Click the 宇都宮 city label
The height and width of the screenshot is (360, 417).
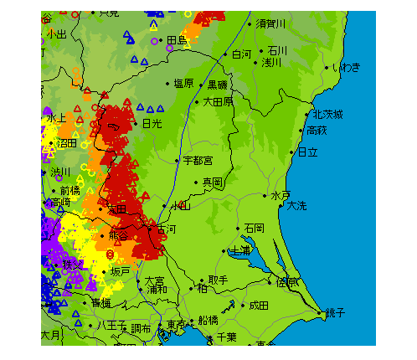198,159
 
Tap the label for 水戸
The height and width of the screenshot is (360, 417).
280,195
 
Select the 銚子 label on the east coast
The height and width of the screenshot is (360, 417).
335,312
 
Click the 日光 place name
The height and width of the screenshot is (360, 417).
152,123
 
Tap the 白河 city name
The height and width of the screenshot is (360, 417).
241,54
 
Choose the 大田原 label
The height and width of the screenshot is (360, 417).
219,101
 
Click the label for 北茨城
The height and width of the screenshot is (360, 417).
328,114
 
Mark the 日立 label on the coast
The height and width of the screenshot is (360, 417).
308,152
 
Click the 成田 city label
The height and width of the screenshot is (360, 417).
259,306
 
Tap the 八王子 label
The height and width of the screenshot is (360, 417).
111,324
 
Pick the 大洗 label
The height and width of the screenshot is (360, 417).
297,205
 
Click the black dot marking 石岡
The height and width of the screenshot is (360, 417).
239,228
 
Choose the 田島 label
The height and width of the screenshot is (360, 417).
177,39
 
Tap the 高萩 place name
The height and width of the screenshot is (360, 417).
317,130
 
